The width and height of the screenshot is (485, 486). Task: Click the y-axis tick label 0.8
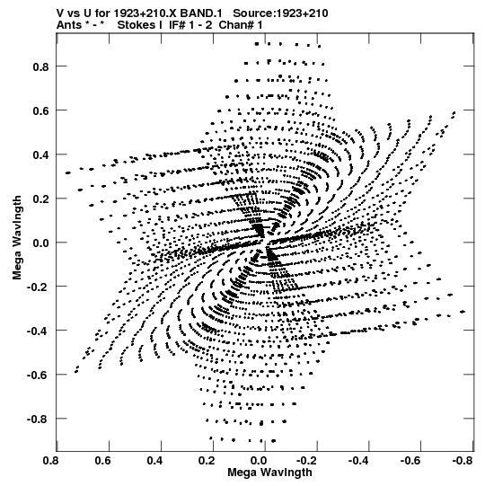click(x=41, y=66)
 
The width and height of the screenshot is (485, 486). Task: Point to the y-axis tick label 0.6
click(x=41, y=110)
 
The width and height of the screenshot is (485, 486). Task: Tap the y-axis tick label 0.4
click(x=41, y=155)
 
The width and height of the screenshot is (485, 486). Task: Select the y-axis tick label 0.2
click(x=41, y=199)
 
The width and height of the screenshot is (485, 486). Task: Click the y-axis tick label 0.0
click(x=41, y=243)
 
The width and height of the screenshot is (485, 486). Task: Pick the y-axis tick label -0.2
click(x=39, y=287)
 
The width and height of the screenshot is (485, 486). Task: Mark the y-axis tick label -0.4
click(x=39, y=331)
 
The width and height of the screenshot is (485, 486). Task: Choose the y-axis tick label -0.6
click(x=39, y=375)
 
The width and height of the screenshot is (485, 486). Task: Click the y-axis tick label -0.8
click(x=39, y=419)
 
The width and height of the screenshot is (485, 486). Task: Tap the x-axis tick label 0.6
click(x=102, y=461)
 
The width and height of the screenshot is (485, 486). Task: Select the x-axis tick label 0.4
click(x=154, y=461)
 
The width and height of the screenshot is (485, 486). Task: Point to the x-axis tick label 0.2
click(x=207, y=461)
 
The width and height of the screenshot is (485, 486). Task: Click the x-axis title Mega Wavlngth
click(x=269, y=473)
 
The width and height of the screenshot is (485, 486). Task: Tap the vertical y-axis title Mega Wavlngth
click(x=17, y=238)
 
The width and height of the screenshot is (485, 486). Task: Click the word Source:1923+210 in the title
click(x=280, y=13)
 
